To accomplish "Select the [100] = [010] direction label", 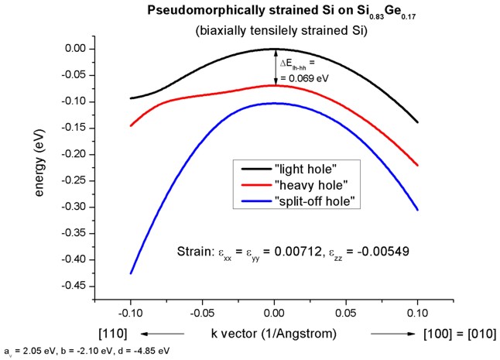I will [x=458, y=334].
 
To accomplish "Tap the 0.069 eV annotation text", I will [x=309, y=77].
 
